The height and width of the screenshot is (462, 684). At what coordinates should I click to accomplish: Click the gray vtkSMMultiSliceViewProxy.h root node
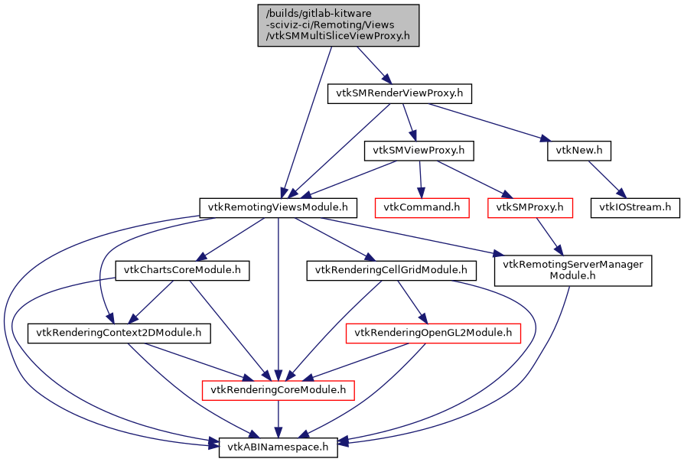click(338, 25)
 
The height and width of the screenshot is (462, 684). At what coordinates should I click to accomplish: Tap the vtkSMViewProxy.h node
click(419, 151)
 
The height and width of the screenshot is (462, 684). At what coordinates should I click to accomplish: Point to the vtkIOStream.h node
click(634, 207)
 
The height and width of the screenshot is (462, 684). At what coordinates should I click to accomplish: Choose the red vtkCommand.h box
click(421, 207)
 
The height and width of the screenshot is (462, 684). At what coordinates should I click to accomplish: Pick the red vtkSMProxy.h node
click(529, 207)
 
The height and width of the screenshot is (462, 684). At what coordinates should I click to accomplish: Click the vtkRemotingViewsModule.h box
click(278, 207)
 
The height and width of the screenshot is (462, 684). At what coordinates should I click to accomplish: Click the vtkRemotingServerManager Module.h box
click(573, 270)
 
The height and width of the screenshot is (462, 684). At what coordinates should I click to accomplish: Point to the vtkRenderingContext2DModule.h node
click(119, 333)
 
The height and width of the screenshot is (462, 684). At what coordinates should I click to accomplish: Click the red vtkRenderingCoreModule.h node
click(278, 390)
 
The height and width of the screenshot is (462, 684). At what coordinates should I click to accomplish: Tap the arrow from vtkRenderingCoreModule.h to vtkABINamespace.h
click(278, 419)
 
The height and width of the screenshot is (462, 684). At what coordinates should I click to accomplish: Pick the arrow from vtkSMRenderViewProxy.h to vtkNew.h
click(489, 122)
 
